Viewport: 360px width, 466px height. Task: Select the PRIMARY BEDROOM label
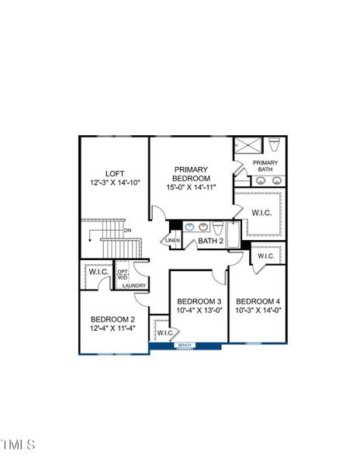pos(191,173)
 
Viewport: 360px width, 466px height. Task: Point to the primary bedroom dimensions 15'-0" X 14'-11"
pos(191,187)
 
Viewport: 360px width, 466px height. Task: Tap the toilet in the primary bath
pos(274,146)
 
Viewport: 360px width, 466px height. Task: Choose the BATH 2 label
pos(210,242)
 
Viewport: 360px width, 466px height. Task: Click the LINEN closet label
pos(172,241)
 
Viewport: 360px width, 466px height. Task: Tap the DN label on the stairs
pos(128,231)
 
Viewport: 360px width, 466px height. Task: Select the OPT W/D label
pos(123,275)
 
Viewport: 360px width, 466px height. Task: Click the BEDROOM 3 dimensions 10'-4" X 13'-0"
pos(199,311)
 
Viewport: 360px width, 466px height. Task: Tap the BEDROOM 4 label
pos(258,301)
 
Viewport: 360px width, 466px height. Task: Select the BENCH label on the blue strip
pos(185,345)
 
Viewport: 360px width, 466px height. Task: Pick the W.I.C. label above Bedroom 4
pos(265,256)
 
